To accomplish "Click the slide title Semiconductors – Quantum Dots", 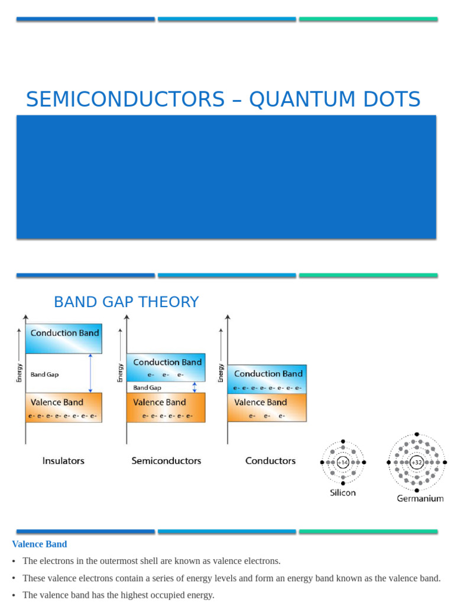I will pyautogui.click(x=223, y=99).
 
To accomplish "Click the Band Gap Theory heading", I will pyautogui.click(x=126, y=302).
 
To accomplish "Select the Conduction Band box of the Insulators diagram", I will pyautogui.click(x=64, y=338).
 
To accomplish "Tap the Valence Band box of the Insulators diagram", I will pyautogui.click(x=64, y=407).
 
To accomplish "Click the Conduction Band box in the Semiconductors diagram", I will pyautogui.click(x=166, y=367).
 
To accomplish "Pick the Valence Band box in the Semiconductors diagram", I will pyautogui.click(x=166, y=407).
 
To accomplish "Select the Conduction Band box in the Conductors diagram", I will pyautogui.click(x=267, y=379).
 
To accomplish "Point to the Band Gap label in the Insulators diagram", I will pyautogui.click(x=44, y=374).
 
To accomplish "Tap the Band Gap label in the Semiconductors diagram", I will pyautogui.click(x=147, y=388).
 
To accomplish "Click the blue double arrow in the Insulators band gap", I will pyautogui.click(x=90, y=373).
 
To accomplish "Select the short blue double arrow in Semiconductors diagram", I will pyautogui.click(x=194, y=388).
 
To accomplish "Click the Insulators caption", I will pyautogui.click(x=63, y=460).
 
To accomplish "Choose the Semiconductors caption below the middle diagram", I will pyautogui.click(x=166, y=460).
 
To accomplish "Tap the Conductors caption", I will pyautogui.click(x=270, y=460).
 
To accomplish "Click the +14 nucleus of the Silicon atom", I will pyautogui.click(x=343, y=462).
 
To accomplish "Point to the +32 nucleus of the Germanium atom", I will pyautogui.click(x=417, y=462).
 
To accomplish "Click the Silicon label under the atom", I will pyautogui.click(x=343, y=492).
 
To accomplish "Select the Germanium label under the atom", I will pyautogui.click(x=420, y=498).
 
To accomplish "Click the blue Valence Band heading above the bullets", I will pyautogui.click(x=40, y=544).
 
